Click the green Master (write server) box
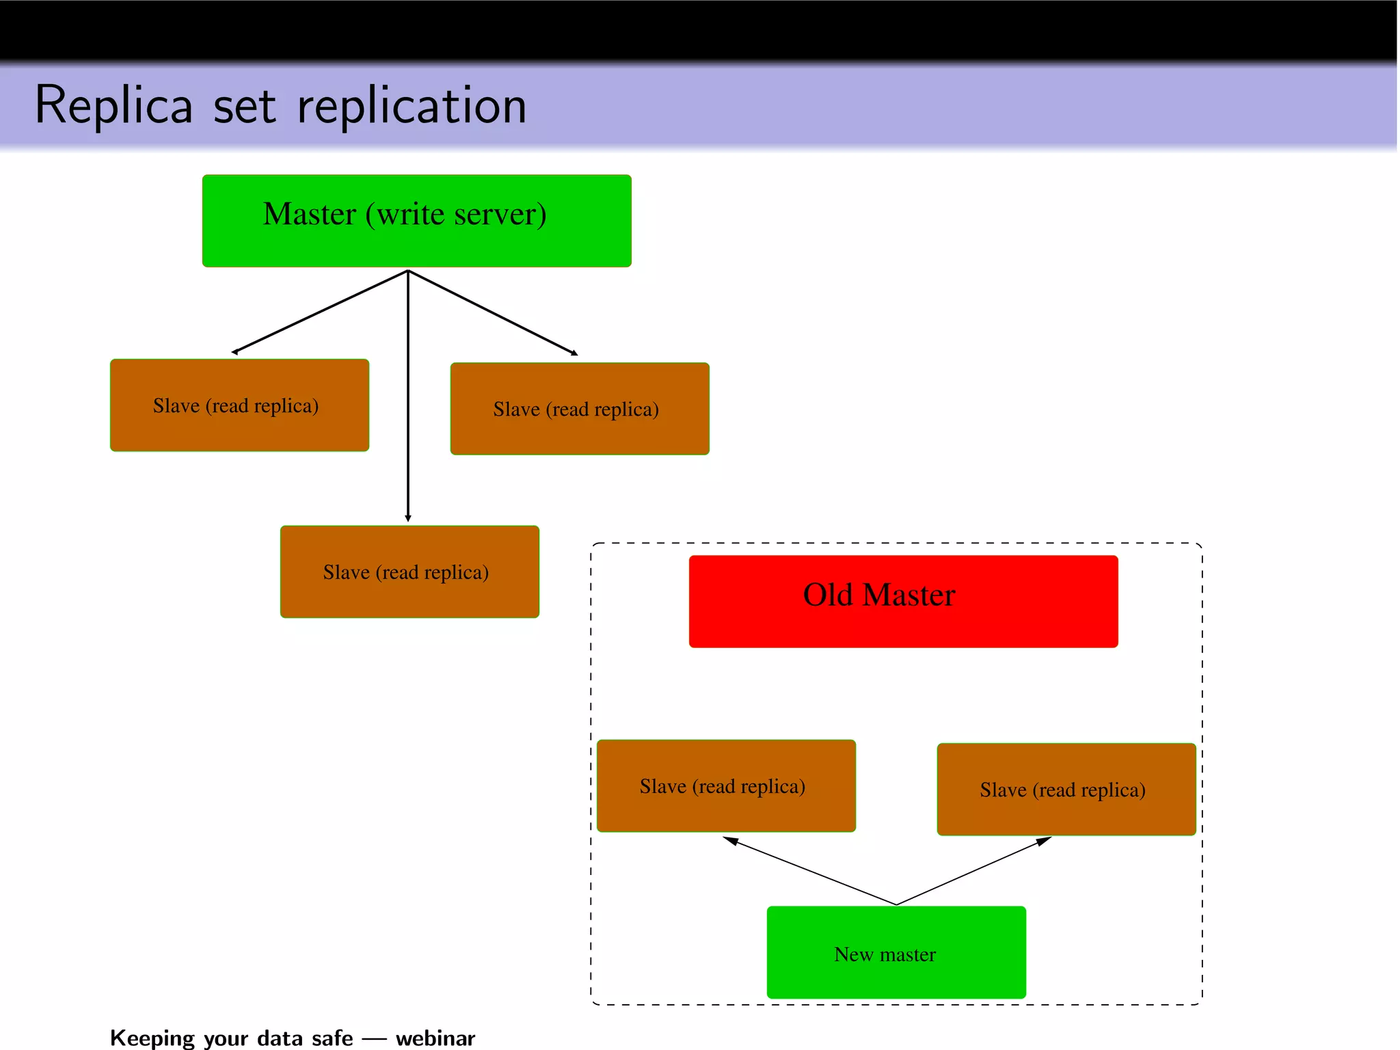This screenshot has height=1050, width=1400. click(x=416, y=220)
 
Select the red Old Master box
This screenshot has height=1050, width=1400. click(x=903, y=601)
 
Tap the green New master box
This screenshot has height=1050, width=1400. click(x=896, y=952)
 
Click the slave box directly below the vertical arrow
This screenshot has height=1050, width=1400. click(x=409, y=571)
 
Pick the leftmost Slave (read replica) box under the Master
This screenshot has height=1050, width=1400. click(x=239, y=405)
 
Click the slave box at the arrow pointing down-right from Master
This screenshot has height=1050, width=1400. click(x=580, y=408)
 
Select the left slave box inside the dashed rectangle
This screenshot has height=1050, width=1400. click(x=726, y=785)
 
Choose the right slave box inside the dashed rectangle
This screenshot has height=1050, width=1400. click(x=1066, y=789)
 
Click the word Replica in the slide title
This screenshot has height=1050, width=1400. click(x=113, y=106)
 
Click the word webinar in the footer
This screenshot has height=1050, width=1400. click(x=435, y=1038)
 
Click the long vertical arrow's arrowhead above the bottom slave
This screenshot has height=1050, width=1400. click(x=408, y=518)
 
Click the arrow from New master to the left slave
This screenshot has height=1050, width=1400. click(x=810, y=871)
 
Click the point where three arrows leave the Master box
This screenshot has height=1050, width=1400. click(x=408, y=271)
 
